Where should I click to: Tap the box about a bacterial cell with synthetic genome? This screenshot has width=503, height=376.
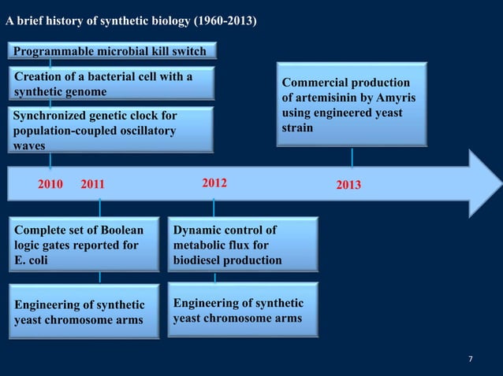(x=111, y=84)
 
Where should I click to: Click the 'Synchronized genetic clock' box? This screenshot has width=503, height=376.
(x=111, y=131)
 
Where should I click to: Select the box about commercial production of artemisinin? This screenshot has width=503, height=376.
(x=352, y=105)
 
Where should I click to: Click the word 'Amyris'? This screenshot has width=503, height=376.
(x=397, y=98)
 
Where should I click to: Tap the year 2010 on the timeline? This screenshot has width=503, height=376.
(x=52, y=185)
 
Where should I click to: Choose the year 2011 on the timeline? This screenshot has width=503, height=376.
(x=92, y=185)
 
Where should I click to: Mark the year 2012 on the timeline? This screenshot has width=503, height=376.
(x=214, y=183)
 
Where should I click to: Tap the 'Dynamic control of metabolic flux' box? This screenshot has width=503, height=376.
(x=243, y=245)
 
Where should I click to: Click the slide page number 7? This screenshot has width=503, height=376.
(x=471, y=359)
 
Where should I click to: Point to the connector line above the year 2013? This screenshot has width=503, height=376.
(x=352, y=157)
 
